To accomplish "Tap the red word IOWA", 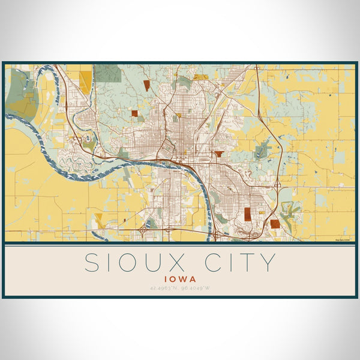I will coord(179,279).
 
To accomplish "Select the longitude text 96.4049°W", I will coord(197,289).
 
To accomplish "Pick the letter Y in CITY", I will coord(268,263).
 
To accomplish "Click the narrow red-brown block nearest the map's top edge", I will coord(146,85).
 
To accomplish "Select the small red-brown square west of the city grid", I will coord(135,113).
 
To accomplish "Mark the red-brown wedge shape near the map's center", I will coord(219,154).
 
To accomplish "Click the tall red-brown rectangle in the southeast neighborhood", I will coord(247,214).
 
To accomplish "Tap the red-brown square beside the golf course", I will coord(275,223).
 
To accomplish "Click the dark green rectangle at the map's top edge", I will coord(108,73).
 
